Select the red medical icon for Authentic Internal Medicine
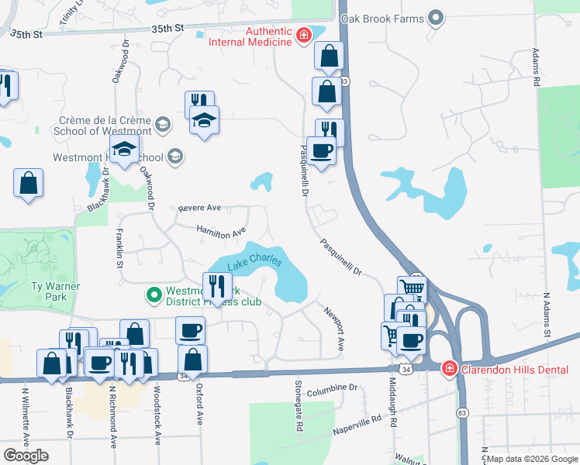[x=305, y=35]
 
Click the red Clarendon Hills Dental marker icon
[x=448, y=368]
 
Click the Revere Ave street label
[x=199, y=208]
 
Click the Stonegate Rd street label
[x=299, y=405]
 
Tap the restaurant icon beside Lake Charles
[x=217, y=286]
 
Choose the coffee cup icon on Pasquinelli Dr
[x=321, y=150]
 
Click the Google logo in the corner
[x=26, y=456]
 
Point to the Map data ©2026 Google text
[x=532, y=459]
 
